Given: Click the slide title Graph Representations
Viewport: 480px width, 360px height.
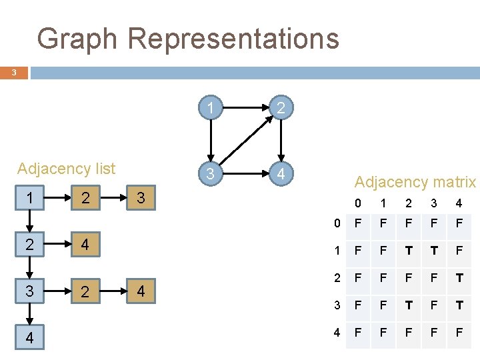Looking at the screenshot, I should (188, 39).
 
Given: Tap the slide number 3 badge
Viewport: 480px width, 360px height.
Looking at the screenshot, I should (14, 73).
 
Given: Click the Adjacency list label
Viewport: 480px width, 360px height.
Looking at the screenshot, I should (66, 169).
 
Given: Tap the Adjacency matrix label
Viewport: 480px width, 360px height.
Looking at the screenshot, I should (415, 182).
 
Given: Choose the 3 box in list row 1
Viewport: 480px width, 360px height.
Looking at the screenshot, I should (140, 198).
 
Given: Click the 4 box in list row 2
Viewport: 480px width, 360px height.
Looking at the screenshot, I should (83, 245).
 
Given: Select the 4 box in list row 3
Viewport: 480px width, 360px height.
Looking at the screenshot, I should (140, 291).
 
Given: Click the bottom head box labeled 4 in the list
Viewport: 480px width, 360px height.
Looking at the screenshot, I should (29, 338).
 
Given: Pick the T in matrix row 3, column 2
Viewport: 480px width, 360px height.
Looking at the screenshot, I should (408, 305).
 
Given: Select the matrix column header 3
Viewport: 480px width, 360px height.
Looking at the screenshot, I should (433, 203).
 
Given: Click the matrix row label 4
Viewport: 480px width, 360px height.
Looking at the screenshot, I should (337, 331).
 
